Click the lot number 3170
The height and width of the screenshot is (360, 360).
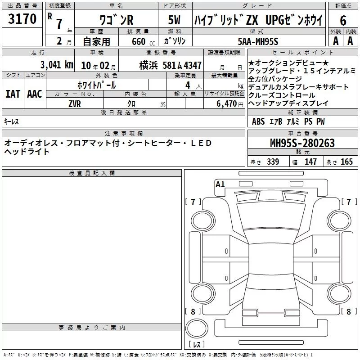(x=22, y=19)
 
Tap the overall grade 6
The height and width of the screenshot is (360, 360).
(x=343, y=21)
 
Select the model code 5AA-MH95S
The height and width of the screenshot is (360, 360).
(x=258, y=41)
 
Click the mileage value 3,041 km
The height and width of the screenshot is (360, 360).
(x=57, y=65)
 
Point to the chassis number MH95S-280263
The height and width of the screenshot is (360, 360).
(x=302, y=143)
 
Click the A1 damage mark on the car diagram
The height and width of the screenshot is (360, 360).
(x=220, y=184)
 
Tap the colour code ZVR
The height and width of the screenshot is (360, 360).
(x=75, y=104)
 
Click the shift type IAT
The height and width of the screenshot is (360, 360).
(x=13, y=94)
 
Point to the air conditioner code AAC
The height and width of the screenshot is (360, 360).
(x=35, y=94)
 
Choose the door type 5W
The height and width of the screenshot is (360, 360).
(x=174, y=20)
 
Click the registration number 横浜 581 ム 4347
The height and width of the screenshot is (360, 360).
(x=171, y=66)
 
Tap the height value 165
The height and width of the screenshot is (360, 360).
(x=346, y=162)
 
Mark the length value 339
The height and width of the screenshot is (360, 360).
(x=273, y=162)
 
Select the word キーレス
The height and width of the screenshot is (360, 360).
(x=11, y=121)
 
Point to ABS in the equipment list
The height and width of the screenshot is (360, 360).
(x=258, y=121)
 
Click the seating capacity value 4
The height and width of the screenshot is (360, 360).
(x=188, y=85)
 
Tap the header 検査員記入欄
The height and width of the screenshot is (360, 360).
(x=92, y=173)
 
